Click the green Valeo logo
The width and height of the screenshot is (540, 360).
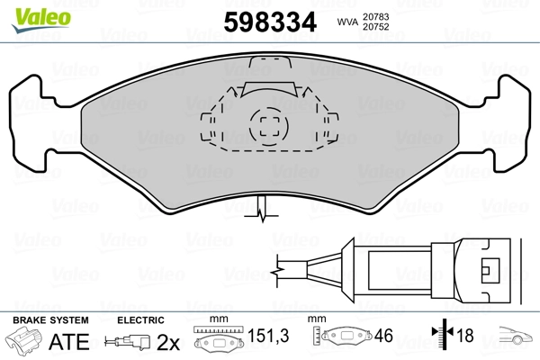point(41,20)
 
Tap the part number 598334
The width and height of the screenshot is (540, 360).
point(270,22)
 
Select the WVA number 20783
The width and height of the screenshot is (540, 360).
point(375,16)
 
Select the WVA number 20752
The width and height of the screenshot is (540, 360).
point(375,27)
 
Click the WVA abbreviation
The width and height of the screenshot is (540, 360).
point(347,22)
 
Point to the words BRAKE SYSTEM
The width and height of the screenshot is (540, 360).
point(50,320)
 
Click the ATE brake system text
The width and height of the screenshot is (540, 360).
point(69,341)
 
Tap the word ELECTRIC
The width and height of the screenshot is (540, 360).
point(140,320)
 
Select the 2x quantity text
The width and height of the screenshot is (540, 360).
point(168,342)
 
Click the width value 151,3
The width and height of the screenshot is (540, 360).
point(268,336)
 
